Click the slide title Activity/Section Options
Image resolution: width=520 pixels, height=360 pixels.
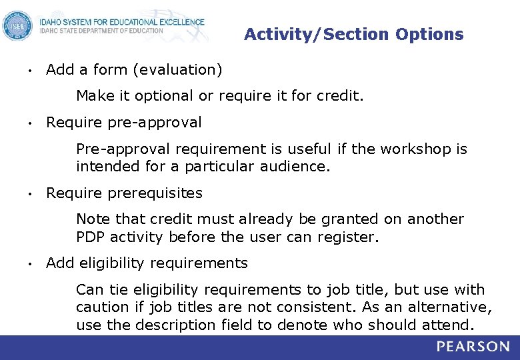click(353, 34)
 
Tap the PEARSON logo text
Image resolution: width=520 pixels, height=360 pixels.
click(473, 347)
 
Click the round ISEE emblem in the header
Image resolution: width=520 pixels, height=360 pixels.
click(17, 26)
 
